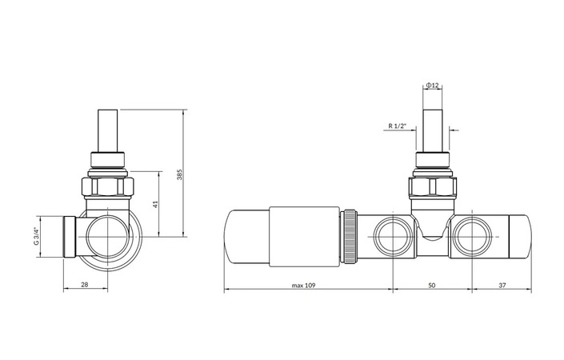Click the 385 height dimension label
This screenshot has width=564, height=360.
tap(180, 174)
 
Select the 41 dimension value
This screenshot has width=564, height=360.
tap(155, 204)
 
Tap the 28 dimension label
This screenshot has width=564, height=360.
tap(85, 285)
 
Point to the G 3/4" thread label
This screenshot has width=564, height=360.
tap(36, 236)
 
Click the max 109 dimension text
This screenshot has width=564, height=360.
tap(303, 285)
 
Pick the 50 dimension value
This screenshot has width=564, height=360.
tap(432, 285)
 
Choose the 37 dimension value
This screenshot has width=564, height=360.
tap(502, 285)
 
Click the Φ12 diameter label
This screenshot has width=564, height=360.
tap(432, 86)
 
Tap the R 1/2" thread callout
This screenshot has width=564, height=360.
tap(397, 126)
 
